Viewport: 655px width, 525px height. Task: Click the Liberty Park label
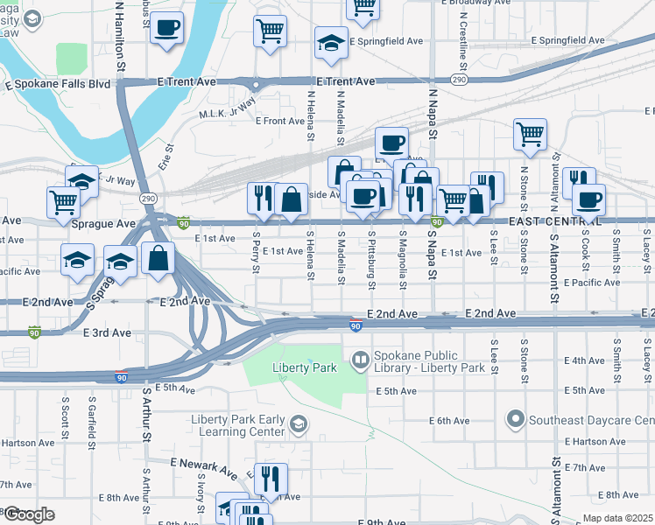pos(305,368)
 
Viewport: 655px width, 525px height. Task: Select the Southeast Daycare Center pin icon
pos(516,421)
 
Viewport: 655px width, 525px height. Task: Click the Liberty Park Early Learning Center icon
pos(299,426)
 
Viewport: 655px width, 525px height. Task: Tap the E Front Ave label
pos(280,121)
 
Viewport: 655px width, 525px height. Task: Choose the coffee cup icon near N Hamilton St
pos(166,26)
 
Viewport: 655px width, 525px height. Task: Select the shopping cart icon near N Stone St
pos(530,134)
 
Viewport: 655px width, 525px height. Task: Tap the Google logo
pos(29,514)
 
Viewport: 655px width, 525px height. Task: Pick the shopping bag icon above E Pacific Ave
pos(158,259)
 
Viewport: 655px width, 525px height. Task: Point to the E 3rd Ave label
pos(107,333)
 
